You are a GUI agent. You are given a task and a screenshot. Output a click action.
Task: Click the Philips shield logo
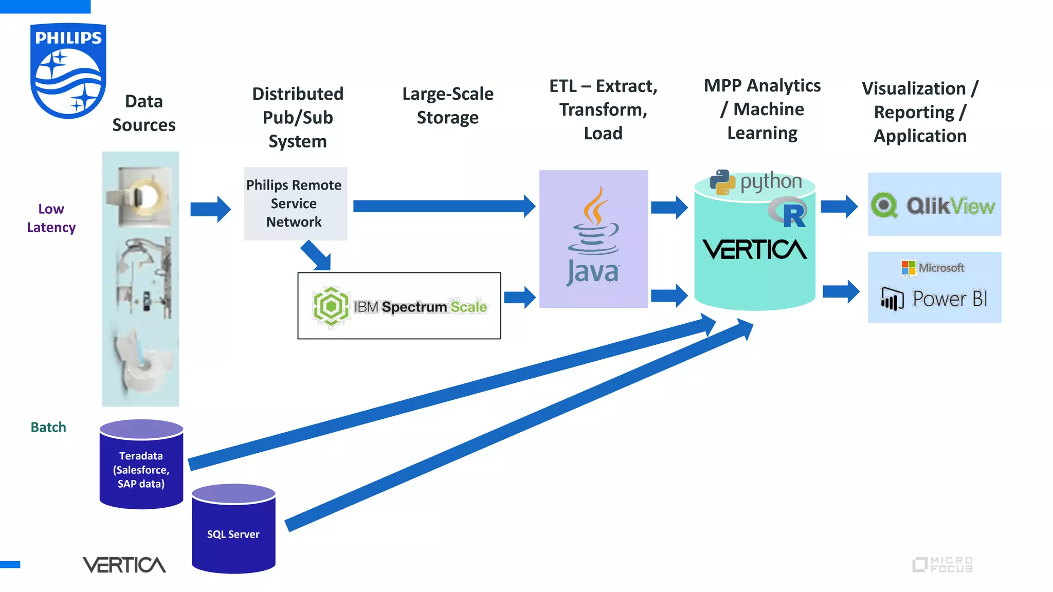point(68,71)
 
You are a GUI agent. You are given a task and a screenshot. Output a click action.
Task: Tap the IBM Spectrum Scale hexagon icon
point(331,307)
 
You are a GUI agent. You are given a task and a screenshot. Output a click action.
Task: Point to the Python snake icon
point(722,182)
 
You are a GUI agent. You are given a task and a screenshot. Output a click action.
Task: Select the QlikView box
point(934,205)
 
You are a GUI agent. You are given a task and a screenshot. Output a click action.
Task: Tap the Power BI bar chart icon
point(892,299)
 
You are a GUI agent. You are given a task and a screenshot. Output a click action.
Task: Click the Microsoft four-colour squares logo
point(909,268)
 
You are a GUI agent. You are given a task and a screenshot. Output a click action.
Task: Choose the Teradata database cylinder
point(141,465)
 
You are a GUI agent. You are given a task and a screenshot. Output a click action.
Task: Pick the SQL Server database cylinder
point(233,529)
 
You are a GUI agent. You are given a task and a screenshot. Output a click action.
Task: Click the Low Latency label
point(51,218)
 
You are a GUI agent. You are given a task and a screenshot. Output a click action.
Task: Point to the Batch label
point(48,427)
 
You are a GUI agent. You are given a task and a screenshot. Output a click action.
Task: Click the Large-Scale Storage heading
point(447,105)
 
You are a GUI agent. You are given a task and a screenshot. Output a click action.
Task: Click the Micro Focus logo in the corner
point(943,564)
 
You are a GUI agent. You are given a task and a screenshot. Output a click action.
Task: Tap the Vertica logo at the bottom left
point(124,565)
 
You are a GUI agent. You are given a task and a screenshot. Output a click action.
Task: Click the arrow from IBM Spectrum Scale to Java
point(520,297)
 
